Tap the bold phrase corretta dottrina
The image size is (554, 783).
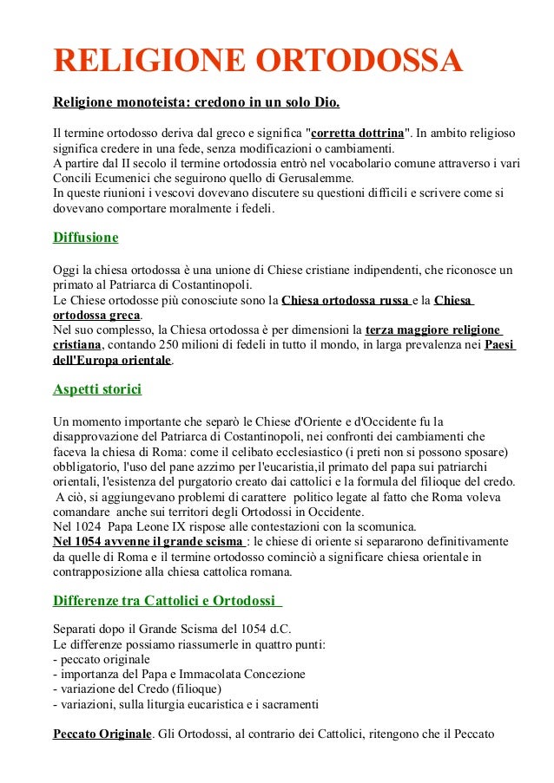click(357, 134)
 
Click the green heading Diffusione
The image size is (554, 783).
click(85, 238)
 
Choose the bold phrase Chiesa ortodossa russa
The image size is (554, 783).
click(346, 301)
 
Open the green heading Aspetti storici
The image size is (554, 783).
click(97, 389)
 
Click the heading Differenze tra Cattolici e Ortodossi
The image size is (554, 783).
click(164, 601)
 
